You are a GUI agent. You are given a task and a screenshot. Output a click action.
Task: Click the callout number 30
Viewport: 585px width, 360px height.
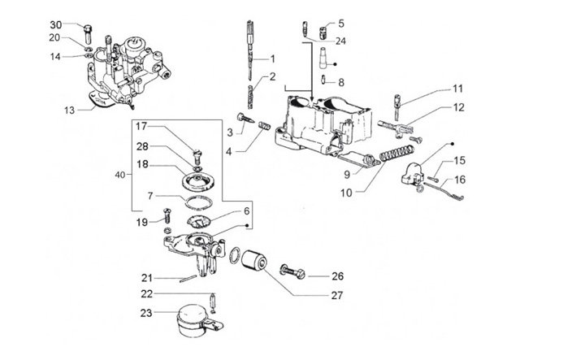click(x=56, y=24)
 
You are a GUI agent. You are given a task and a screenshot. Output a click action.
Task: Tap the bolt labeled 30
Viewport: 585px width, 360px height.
click(x=88, y=33)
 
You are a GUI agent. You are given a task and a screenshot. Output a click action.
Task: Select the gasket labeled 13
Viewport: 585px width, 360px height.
click(x=100, y=100)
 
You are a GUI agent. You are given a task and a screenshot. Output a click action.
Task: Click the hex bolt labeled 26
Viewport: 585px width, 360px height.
click(x=292, y=271)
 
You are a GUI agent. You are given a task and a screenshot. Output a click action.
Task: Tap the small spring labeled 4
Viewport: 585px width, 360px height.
click(x=264, y=126)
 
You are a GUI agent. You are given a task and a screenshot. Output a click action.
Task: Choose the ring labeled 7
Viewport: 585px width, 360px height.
click(x=198, y=202)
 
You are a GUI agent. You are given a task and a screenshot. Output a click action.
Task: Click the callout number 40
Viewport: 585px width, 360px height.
click(x=120, y=175)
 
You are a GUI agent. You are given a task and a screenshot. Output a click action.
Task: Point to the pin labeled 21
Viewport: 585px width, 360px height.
click(x=188, y=279)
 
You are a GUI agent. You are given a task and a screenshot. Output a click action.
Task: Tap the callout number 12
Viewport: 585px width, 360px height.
click(x=459, y=107)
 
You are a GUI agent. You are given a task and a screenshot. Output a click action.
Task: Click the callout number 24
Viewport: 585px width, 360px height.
click(x=340, y=41)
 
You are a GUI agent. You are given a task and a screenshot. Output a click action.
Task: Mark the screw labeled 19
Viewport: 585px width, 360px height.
click(x=167, y=215)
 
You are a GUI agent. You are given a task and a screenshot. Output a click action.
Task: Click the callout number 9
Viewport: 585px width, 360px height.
click(x=347, y=174)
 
